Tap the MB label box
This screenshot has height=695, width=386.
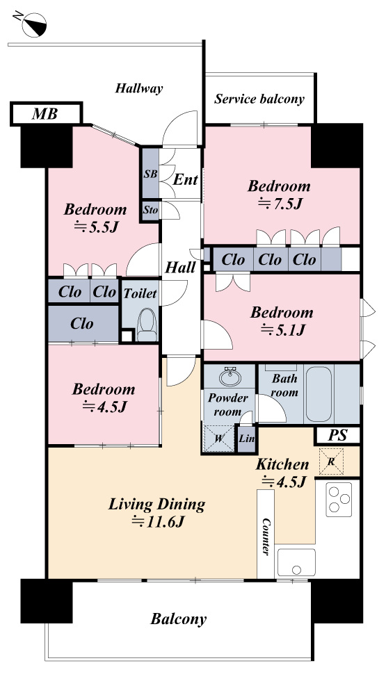pyautogui.click(x=46, y=114)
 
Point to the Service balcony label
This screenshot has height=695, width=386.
pyautogui.click(x=259, y=99)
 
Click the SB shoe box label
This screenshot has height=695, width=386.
pyautogui.click(x=150, y=174)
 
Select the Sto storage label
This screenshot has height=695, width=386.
pyautogui.click(x=150, y=211)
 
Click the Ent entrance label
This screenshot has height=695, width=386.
pyautogui.click(x=186, y=179)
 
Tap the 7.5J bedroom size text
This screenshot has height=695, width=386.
pyautogui.click(x=280, y=204)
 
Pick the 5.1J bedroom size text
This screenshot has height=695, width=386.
pyautogui.click(x=282, y=330)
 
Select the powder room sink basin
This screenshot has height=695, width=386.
pyautogui.click(x=230, y=377)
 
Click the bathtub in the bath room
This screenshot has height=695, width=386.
pyautogui.click(x=319, y=393)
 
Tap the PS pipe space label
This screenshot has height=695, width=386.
pyautogui.click(x=337, y=435)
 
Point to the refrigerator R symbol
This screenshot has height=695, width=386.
pyautogui.click(x=331, y=461)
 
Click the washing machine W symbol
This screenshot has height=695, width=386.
pyautogui.click(x=218, y=439)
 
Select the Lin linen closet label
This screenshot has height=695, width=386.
pyautogui.click(x=246, y=439)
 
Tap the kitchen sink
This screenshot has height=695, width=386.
pyautogui.click(x=296, y=562)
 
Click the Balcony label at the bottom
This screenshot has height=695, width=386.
pyautogui.click(x=178, y=619)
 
